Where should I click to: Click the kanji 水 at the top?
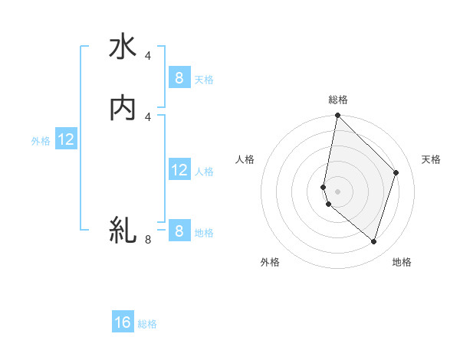(x=123, y=47)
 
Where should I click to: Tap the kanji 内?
(x=123, y=109)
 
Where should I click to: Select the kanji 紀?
(x=123, y=230)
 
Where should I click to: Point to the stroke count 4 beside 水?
(x=148, y=56)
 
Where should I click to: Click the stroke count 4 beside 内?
(x=148, y=116)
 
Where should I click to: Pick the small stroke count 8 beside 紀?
(x=148, y=240)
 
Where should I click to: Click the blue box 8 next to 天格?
(x=179, y=77)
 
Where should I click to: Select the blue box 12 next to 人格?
(x=179, y=170)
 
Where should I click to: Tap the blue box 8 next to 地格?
(x=179, y=231)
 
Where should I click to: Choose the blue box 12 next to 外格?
(x=66, y=140)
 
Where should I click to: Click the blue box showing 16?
(x=123, y=322)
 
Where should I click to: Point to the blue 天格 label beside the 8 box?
(x=204, y=79)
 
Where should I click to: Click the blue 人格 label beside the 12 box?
(x=204, y=172)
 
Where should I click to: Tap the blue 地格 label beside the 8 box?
(x=204, y=233)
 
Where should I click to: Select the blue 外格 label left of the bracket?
(x=41, y=141)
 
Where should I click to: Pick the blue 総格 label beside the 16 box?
(x=148, y=324)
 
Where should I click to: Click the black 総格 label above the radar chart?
(x=337, y=100)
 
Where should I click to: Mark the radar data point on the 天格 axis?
(x=396, y=172)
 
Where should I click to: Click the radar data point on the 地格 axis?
(x=373, y=241)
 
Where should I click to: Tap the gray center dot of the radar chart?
(x=337, y=191)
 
